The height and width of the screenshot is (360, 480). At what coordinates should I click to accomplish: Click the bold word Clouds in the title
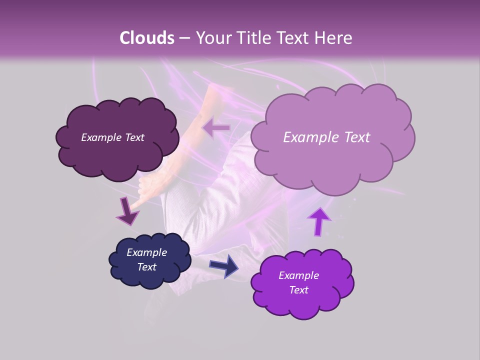coord(147,38)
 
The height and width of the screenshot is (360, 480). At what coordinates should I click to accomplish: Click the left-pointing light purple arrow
coord(216,128)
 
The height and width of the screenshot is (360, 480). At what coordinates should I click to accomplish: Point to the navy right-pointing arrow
coord(224,265)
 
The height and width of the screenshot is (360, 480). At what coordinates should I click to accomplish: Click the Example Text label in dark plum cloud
coord(112,137)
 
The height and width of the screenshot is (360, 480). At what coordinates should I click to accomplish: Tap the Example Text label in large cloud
coord(326,137)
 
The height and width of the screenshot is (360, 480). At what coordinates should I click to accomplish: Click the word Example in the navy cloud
coord(146,252)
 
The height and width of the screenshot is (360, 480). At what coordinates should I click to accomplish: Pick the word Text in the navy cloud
coord(146,267)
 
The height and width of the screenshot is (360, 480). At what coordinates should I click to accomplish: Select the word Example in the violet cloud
coord(298,275)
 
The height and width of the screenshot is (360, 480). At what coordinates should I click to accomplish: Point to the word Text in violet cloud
coord(298,290)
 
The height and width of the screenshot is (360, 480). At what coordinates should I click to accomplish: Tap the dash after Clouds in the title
coord(184,38)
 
